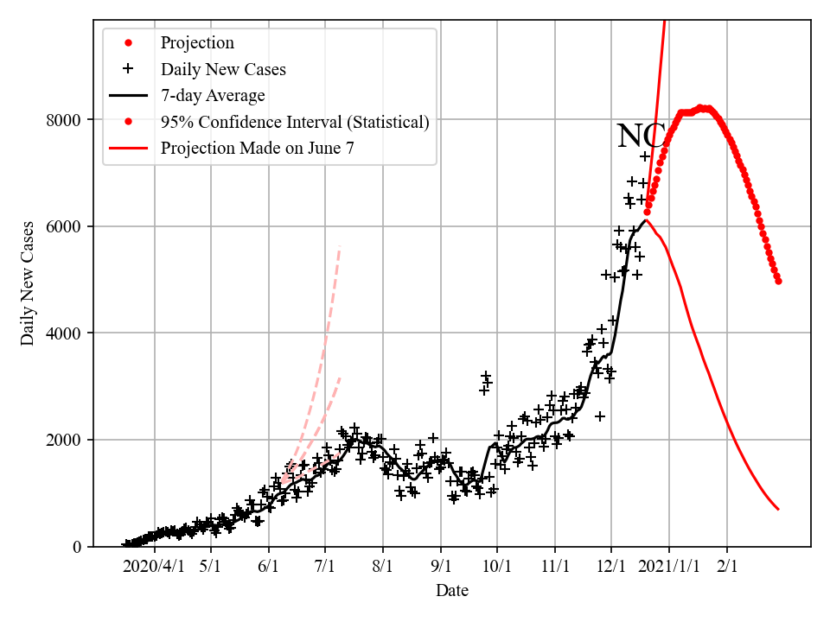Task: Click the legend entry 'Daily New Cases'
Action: click(223, 69)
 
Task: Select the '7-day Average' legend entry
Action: click(213, 95)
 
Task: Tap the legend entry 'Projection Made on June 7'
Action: click(257, 149)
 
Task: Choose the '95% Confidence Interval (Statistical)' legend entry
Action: click(294, 122)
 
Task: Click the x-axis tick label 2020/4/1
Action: click(154, 567)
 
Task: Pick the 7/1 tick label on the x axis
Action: click(325, 567)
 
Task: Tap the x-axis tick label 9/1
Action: click(440, 567)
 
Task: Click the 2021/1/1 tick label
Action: click(669, 567)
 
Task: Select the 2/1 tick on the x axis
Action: click(727, 567)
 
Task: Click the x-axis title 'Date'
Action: click(452, 591)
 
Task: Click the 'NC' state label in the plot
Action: click(641, 136)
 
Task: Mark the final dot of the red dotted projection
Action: click(778, 281)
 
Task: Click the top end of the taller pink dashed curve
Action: click(340, 246)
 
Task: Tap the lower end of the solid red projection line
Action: click(778, 509)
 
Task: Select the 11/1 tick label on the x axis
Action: click(555, 567)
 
